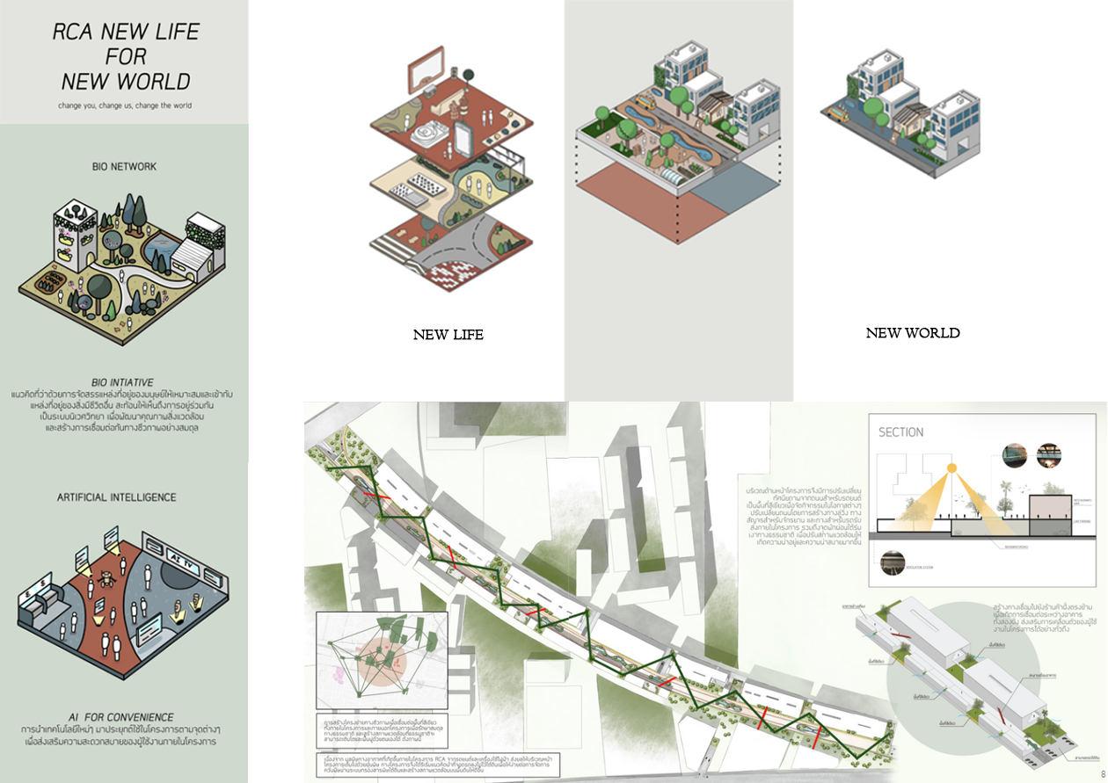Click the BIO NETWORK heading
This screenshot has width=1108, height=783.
(124, 166)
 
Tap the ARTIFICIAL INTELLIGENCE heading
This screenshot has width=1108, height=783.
(117, 497)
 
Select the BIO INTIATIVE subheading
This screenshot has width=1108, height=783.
(122, 382)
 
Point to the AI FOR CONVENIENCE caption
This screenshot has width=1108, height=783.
(120, 717)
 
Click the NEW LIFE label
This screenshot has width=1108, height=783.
(448, 335)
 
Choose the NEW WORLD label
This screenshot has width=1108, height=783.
(912, 333)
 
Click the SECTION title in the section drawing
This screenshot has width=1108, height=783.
(900, 432)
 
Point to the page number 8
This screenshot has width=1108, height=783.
(1102, 774)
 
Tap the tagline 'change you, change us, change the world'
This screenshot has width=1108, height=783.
(124, 106)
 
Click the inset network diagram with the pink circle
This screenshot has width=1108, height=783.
(381, 660)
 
